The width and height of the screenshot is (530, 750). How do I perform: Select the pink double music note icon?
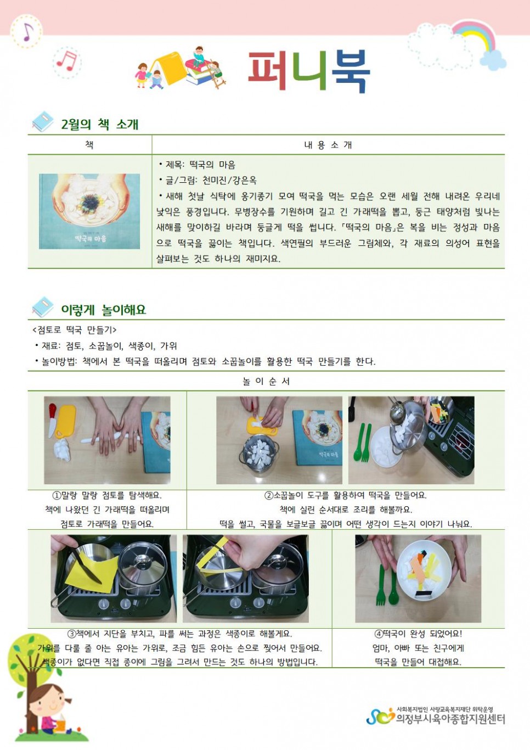click(x=67, y=61)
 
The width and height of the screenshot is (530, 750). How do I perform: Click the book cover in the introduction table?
click(x=89, y=211)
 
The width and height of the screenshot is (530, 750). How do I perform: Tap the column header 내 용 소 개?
click(x=328, y=145)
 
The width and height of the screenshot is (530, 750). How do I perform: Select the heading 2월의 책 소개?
click(x=100, y=125)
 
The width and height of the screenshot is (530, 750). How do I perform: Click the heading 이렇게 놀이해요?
click(x=104, y=310)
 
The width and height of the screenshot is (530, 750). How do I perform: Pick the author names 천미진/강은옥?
click(x=229, y=181)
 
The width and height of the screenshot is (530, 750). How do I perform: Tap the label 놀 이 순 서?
click(x=266, y=382)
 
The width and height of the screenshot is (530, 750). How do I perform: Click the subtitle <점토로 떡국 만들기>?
click(x=74, y=330)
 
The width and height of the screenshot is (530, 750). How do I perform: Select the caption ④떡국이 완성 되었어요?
click(x=418, y=634)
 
